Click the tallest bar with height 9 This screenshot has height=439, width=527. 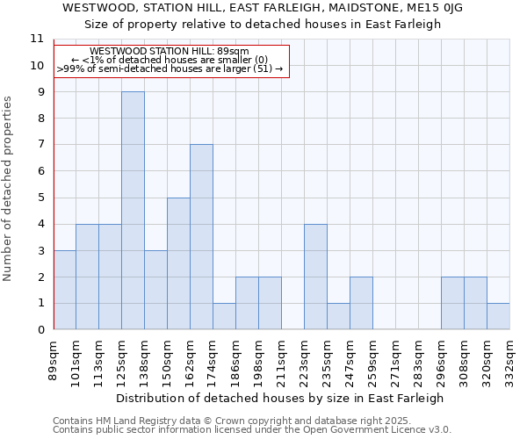(x=133, y=211)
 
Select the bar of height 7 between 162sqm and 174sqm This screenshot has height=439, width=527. (x=201, y=237)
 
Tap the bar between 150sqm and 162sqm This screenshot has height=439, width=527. (x=178, y=263)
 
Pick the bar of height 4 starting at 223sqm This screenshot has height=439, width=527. (x=315, y=277)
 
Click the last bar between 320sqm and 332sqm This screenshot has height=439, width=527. (x=498, y=316)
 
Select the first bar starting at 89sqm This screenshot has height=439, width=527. (x=64, y=290)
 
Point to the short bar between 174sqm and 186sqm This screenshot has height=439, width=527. (x=224, y=316)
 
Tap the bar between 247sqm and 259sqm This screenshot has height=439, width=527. (x=361, y=303)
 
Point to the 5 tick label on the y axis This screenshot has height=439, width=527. (x=40, y=198)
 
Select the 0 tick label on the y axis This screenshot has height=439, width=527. (x=40, y=330)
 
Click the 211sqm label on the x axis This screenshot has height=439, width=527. (x=281, y=361)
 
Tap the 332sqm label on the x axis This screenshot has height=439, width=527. (x=509, y=361)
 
